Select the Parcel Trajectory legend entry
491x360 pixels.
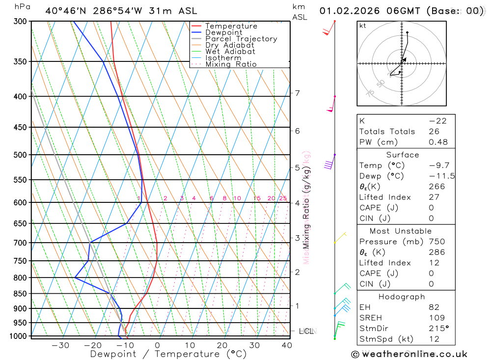click(x=241, y=39)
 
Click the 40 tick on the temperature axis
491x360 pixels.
click(x=287, y=345)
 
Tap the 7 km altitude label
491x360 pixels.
click(x=297, y=93)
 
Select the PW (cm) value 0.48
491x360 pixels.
click(x=438, y=142)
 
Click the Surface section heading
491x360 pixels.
click(x=402, y=155)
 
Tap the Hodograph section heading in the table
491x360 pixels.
click(x=402, y=297)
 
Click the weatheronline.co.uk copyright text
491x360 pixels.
click(x=409, y=354)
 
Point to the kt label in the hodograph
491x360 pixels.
click(x=363, y=26)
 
